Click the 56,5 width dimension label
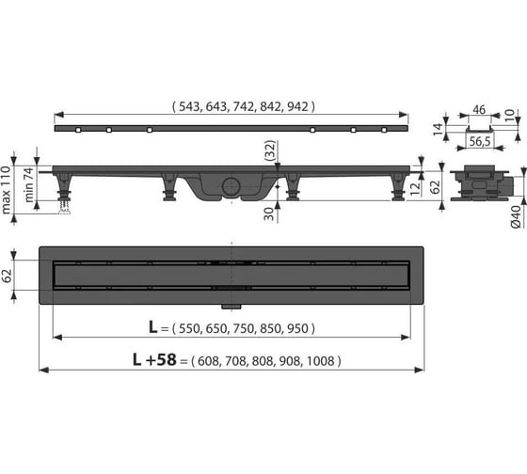tap(480, 141)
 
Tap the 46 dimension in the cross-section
tap(479, 110)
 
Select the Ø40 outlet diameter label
tap(517, 217)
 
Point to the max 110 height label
tap(7, 190)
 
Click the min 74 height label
tap(29, 185)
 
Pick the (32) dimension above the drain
tap(270, 150)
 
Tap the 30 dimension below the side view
tap(269, 213)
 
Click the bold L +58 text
tap(154, 360)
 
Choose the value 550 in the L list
tap(189, 328)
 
